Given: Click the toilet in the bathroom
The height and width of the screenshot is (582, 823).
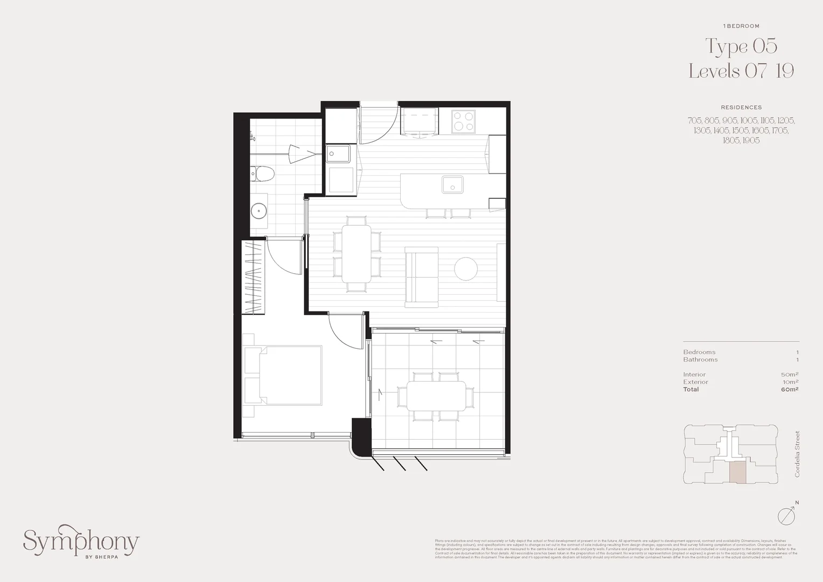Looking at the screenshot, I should [263, 174].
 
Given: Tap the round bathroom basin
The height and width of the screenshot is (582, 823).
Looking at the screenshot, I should [259, 210].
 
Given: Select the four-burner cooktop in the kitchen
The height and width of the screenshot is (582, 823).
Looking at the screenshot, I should [463, 121].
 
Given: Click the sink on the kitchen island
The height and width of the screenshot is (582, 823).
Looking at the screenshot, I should [452, 185].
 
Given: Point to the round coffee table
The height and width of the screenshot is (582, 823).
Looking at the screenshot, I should [466, 268].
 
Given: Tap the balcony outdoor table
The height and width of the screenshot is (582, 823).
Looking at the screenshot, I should [436, 397].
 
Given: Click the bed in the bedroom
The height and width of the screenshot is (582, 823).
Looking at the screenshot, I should [285, 375].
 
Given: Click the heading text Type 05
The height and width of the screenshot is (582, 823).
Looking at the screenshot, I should [741, 46].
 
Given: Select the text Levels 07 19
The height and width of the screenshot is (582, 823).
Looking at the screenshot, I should [741, 71].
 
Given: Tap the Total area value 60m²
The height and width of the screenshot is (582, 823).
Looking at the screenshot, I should [789, 389].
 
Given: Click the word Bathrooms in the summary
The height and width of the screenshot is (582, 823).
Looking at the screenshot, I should [700, 359].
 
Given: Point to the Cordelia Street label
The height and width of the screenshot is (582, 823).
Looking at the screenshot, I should [797, 454].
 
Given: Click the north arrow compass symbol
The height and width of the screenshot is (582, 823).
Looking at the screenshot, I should [787, 515].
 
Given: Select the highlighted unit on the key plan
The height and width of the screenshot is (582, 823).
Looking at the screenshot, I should [738, 472].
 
